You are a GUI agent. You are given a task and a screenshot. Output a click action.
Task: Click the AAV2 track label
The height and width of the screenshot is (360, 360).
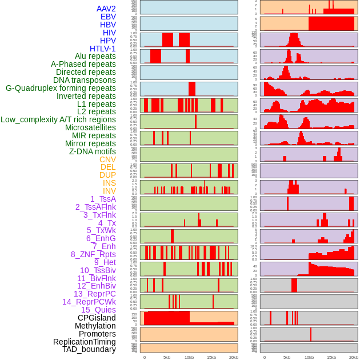point(106,9)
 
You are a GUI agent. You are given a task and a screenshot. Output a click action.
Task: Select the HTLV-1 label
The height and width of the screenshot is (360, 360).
point(102,49)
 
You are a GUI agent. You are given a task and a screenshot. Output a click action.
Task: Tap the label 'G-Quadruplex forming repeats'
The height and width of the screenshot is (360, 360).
point(61,88)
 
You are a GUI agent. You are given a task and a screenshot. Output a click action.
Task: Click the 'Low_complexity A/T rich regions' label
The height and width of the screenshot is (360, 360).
point(58,119)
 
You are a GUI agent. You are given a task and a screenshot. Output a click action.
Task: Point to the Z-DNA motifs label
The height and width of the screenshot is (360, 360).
point(92,151)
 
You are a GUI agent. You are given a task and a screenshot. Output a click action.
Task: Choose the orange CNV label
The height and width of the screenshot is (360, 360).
point(107,159)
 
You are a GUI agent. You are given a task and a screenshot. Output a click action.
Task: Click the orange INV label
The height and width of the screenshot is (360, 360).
point(109,191)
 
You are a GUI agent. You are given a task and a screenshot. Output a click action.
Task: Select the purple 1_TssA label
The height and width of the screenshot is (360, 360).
point(103,199)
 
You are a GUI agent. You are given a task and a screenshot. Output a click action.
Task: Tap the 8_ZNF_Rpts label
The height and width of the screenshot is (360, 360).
point(93,254)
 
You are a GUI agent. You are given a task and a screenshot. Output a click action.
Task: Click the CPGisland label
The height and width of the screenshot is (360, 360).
point(97,318)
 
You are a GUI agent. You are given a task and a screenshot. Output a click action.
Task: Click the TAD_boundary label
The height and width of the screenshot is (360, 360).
point(89,349)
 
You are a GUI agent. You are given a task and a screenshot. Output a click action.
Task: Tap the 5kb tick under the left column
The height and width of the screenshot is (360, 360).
point(167,357)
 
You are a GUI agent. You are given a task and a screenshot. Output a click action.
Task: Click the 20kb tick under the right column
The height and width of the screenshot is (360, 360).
point(354,357)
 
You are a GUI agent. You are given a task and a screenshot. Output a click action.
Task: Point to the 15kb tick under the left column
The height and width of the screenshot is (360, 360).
point(211,357)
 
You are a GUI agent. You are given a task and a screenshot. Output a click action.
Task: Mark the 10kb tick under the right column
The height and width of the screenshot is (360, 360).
point(309,357)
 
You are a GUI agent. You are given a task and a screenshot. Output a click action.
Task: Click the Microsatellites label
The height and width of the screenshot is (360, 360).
point(90,127)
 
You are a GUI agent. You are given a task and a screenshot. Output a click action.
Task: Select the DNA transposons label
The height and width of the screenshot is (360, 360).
point(85,80)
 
